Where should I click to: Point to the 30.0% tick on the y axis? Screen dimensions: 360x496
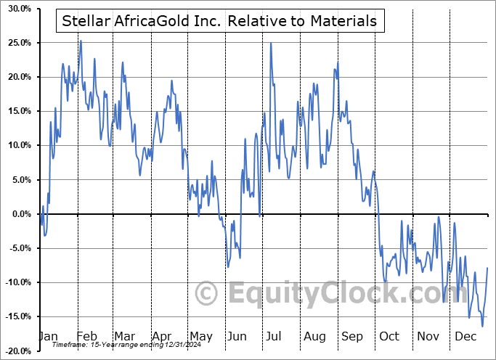point(18,9)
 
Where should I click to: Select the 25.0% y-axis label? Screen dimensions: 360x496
point(18,43)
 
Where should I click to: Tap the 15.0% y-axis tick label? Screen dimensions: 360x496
point(18,111)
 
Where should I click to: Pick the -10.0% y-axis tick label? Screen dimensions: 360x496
point(17,282)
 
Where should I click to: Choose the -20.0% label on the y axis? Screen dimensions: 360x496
point(17,351)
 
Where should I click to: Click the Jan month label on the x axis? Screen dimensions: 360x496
point(47,336)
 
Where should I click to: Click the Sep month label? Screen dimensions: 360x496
point(352,336)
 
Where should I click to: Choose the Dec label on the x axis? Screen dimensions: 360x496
point(466,336)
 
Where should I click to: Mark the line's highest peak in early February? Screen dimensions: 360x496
point(81,41)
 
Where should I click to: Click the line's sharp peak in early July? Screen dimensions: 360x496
point(271,43)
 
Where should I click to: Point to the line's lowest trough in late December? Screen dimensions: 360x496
point(481,326)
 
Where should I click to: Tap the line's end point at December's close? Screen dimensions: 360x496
point(487,268)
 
